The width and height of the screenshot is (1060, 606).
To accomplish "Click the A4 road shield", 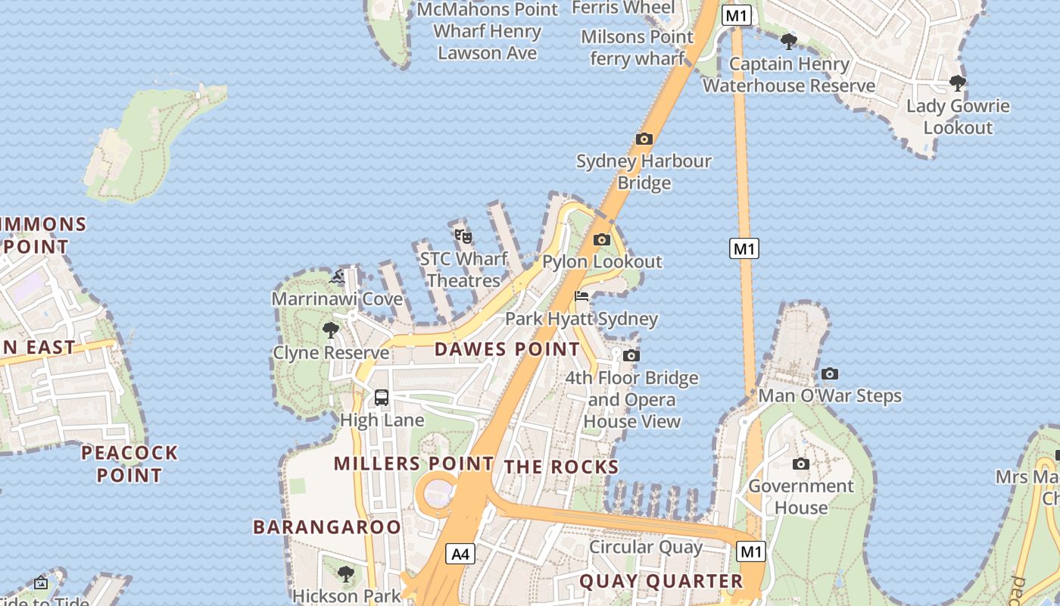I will pos(460,554).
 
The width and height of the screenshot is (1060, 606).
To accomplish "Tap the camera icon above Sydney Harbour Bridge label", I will pos(644,139).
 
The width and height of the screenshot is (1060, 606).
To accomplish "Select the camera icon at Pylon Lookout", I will pos(602,240).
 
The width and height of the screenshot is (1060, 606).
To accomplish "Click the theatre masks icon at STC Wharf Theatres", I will pos(463,237).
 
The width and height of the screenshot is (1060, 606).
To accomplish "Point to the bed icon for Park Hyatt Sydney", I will pos(581,296).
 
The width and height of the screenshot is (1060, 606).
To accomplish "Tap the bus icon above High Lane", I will pos(382,398).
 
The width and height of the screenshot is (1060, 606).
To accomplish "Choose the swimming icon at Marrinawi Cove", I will pos(337,277).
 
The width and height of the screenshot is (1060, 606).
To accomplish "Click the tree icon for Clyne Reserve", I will pos(331,330).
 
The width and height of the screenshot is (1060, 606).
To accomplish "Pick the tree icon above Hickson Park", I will pos(346,574).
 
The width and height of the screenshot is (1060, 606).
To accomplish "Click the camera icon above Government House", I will pos(801,464).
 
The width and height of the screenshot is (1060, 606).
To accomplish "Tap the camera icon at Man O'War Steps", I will pos(830,373).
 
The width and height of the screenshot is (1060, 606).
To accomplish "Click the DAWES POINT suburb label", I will pos(507,349).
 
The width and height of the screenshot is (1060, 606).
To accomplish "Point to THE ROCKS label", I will pos(562,467).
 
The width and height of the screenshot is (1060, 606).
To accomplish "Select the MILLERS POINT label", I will pos(413,463).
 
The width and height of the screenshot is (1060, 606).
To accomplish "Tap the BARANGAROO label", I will pos(327,526).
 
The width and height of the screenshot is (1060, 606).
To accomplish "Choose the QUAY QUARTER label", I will pos(661,581).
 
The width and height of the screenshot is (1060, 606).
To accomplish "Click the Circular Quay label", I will pos(646,547).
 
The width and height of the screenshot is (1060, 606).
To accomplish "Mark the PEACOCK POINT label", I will pos(129,464).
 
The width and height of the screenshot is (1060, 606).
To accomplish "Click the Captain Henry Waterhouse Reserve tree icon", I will pos(789,42).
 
